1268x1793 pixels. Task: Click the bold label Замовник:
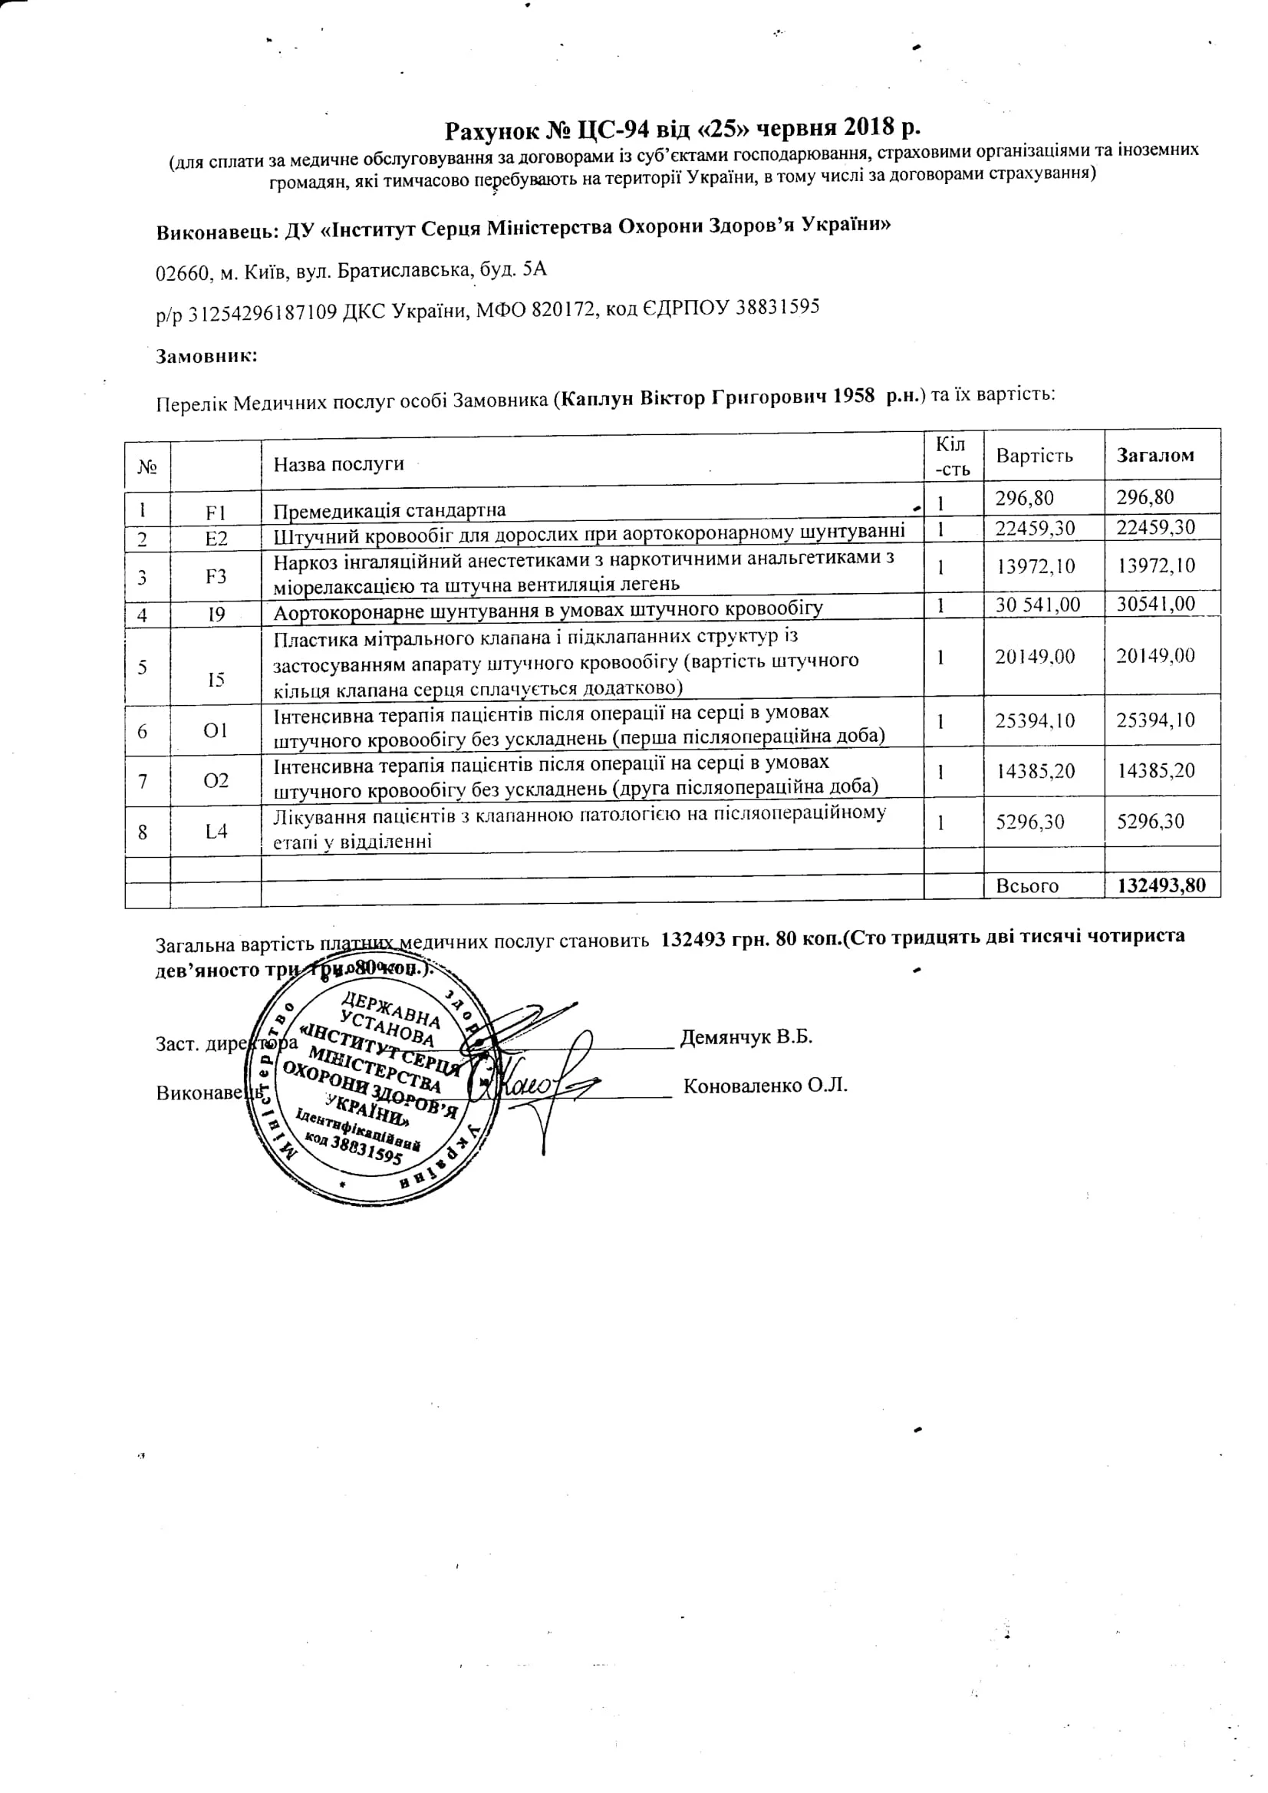click(x=207, y=357)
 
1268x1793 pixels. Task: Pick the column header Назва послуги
click(x=338, y=464)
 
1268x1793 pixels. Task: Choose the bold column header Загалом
click(x=1154, y=455)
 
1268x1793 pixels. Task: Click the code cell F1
click(x=216, y=513)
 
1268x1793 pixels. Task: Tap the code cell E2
click(x=216, y=539)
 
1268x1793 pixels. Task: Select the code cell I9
click(x=216, y=615)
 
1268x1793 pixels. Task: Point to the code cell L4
click(x=216, y=831)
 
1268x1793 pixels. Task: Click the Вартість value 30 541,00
click(x=1037, y=605)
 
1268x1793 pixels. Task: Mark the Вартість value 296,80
click(x=1023, y=498)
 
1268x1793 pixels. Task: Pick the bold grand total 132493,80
click(x=1161, y=885)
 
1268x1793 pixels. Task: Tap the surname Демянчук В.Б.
click(x=746, y=1037)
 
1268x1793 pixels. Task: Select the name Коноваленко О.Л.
click(x=766, y=1086)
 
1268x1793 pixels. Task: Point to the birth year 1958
click(x=854, y=396)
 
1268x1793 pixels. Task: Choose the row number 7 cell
click(x=143, y=781)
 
